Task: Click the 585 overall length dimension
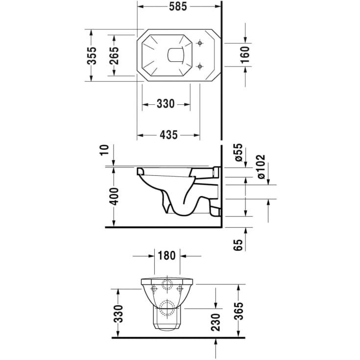tap(178, 7)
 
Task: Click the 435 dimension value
tap(168, 136)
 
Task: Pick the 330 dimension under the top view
tap(166, 104)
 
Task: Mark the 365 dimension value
tap(239, 311)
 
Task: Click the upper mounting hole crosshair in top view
tap(199, 44)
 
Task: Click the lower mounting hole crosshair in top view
tap(199, 66)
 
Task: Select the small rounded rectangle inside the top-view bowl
tap(174, 55)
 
